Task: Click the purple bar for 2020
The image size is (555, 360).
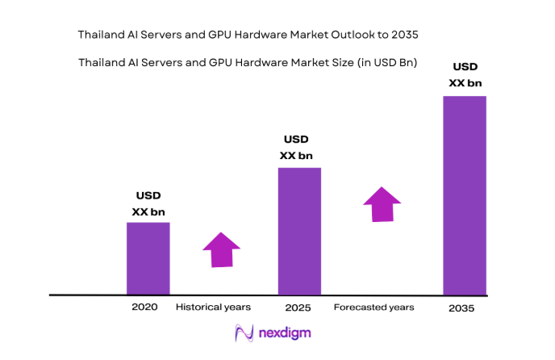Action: (148, 258)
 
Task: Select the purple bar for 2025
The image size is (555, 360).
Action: (299, 231)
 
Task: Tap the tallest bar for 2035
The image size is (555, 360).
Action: (465, 195)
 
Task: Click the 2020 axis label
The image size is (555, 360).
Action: (144, 308)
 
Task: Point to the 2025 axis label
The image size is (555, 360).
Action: (298, 308)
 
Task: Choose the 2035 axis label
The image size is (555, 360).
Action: (462, 308)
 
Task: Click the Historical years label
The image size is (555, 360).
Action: (213, 308)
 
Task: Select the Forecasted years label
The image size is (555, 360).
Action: (373, 308)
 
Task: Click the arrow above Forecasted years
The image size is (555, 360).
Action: (381, 203)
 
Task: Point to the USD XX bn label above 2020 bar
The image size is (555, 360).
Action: (148, 203)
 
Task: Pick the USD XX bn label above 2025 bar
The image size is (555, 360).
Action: (296, 148)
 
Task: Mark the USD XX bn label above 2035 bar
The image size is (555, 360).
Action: (465, 74)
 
